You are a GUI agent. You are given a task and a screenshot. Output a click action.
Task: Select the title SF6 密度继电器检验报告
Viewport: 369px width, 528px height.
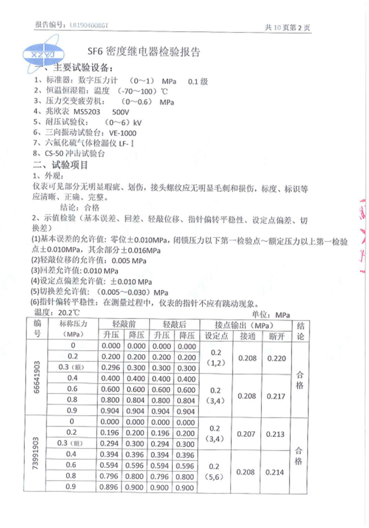point(143,52)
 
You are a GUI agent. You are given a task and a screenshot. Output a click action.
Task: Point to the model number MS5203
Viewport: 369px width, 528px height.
point(81,112)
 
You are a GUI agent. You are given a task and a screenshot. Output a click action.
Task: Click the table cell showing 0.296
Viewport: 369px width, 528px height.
point(111,368)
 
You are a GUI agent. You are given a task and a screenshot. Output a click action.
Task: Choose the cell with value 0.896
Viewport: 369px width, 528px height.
point(111,487)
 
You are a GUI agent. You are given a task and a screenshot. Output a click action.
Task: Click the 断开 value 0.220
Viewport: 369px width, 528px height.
point(276,358)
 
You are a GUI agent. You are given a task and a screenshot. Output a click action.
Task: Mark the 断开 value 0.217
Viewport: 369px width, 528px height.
point(276,396)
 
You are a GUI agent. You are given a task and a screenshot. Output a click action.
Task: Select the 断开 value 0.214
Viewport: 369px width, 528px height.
point(276,472)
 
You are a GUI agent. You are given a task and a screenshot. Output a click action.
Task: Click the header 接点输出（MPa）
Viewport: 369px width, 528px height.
point(247,324)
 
